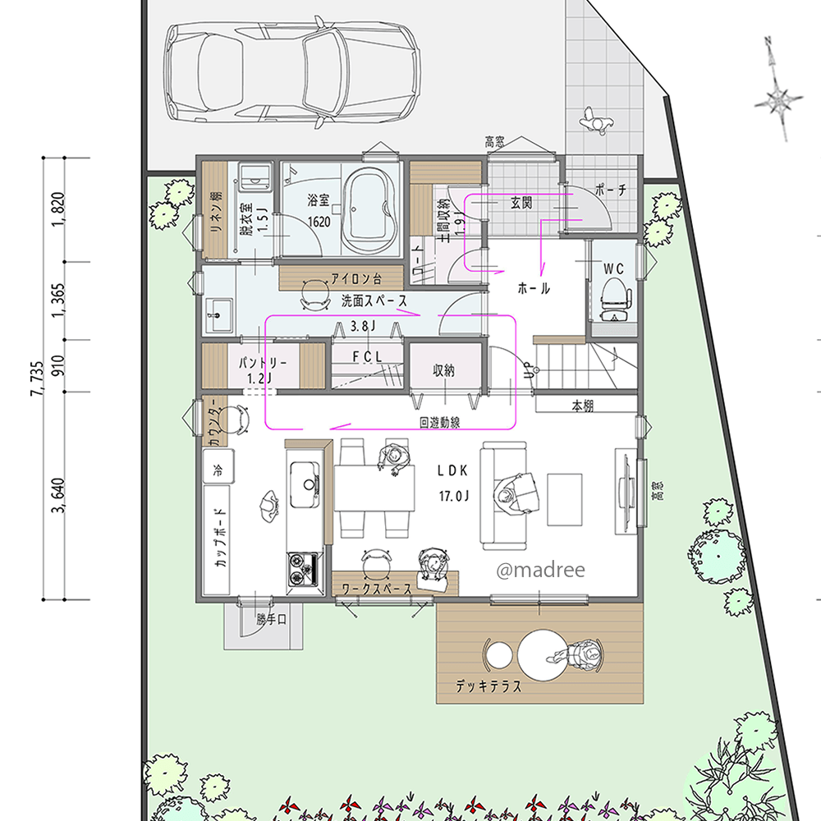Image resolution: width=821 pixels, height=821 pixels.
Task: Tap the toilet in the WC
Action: (x=615, y=299)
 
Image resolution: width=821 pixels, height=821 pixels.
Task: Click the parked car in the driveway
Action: (x=292, y=72)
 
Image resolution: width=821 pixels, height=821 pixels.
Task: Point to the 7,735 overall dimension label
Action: (x=37, y=378)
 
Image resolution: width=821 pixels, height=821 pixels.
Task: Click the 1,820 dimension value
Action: (x=58, y=209)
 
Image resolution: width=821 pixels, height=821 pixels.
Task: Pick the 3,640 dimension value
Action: (x=58, y=495)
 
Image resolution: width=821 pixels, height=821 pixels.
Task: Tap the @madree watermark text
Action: (x=540, y=570)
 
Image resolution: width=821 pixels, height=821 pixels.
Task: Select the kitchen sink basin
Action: (x=305, y=484)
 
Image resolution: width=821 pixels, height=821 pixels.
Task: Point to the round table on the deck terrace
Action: (x=543, y=655)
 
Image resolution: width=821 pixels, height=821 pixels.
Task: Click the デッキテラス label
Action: (x=488, y=686)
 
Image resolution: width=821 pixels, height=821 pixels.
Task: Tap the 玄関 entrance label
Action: (x=521, y=202)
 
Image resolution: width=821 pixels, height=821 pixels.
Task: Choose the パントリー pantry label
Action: (x=263, y=362)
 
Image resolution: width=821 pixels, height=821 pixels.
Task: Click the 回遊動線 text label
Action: (x=440, y=423)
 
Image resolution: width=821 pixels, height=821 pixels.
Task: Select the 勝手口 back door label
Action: (x=271, y=619)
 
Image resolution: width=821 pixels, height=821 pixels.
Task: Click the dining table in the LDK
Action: (x=374, y=488)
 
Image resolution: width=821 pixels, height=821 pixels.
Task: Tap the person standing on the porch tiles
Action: (x=596, y=122)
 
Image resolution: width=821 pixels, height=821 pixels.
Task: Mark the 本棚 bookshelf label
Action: (x=583, y=406)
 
